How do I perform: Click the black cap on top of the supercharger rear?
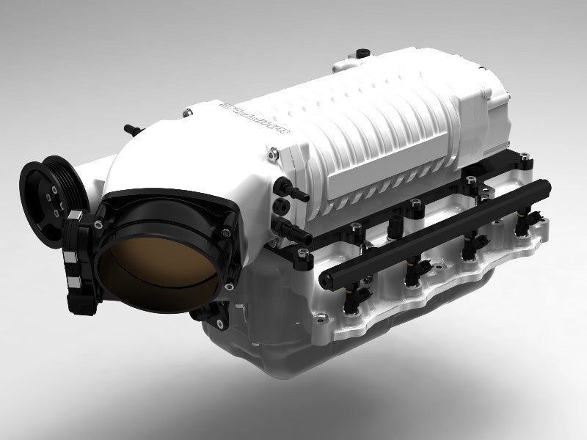point(362,53)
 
